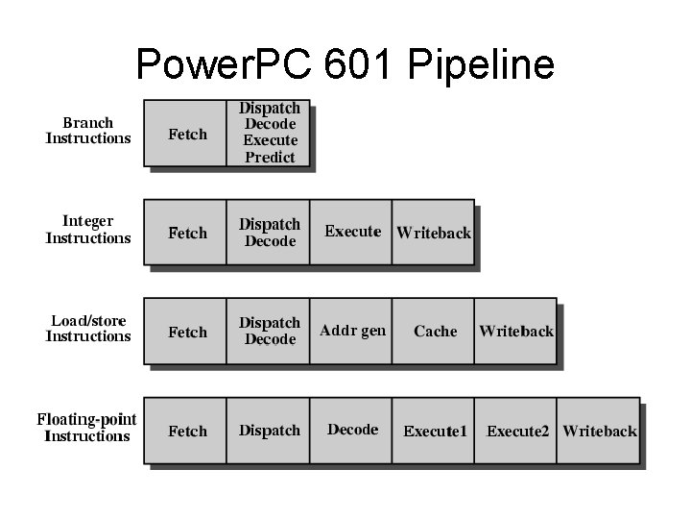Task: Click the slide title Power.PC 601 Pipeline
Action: click(345, 64)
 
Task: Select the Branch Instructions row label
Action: click(88, 131)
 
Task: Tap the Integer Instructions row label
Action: click(88, 230)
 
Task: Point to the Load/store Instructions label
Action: click(88, 329)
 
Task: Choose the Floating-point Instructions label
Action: click(87, 428)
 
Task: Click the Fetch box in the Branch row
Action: click(186, 134)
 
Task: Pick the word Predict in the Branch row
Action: click(270, 157)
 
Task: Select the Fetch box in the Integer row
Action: click(186, 233)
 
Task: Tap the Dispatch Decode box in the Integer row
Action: click(269, 233)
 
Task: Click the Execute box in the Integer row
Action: click(351, 232)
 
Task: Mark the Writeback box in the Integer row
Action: click(434, 233)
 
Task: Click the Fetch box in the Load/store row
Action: click(186, 332)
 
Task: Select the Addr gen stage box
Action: click(351, 331)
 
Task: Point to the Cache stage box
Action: click(434, 332)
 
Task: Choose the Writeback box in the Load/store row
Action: click(516, 332)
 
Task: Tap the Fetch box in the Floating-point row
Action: click(186, 431)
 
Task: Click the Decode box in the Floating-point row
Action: click(351, 430)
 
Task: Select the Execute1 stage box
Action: click(435, 431)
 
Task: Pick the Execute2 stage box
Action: click(517, 431)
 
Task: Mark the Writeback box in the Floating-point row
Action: click(600, 431)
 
